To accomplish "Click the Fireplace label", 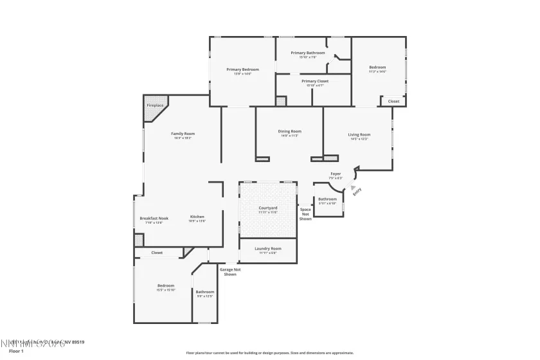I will [x=155, y=105].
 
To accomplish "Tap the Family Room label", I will [x=183, y=134].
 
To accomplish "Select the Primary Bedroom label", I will [x=242, y=69].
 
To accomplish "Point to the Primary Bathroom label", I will [x=307, y=53].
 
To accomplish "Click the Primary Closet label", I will [x=314, y=82].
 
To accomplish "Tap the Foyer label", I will [x=336, y=174].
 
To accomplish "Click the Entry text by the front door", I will [x=357, y=190].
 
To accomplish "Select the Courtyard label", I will [x=268, y=208].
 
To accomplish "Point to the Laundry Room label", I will [x=268, y=248].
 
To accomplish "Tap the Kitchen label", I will [x=197, y=217].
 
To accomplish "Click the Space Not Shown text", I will [x=305, y=214].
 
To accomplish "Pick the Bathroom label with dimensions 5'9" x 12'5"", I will [x=205, y=292].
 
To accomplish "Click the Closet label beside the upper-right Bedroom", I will [x=393, y=101].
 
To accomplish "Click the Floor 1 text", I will [x=16, y=352].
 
